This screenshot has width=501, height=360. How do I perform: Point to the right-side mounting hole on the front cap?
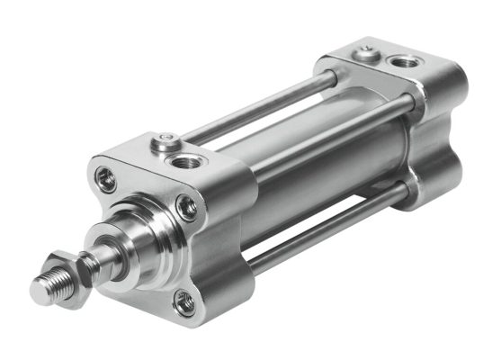[x=189, y=209]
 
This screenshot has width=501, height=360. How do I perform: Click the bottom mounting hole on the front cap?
[x=184, y=303]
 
